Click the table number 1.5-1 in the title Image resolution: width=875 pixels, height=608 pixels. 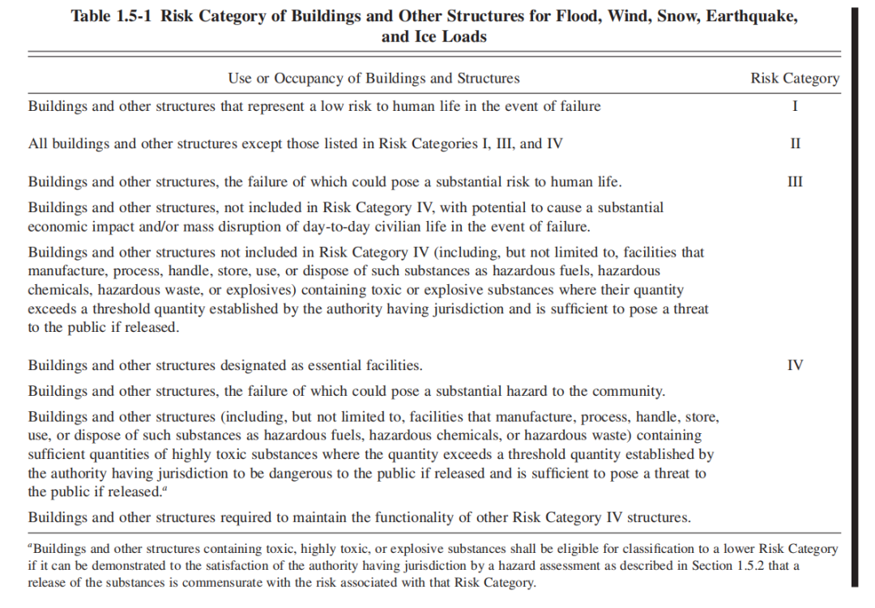[132, 17]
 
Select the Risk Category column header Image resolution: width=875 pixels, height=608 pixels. [795, 79]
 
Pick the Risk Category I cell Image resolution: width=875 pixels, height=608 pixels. [795, 106]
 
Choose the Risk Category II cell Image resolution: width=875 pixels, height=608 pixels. [795, 144]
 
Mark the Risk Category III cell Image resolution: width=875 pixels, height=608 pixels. [795, 181]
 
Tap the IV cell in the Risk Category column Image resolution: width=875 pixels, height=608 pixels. [795, 365]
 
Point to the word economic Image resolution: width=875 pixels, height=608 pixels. [58, 226]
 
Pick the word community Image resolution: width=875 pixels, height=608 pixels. [629, 391]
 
